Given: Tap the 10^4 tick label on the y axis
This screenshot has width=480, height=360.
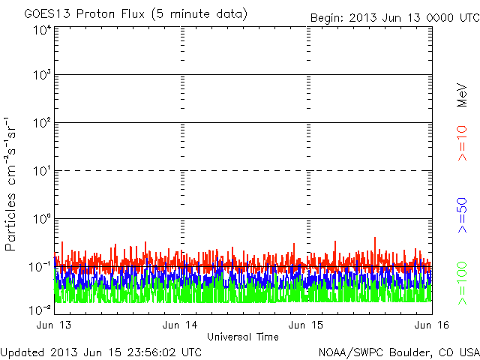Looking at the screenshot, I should click(x=41, y=29).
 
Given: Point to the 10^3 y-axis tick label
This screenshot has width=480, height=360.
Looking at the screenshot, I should click(x=41, y=76).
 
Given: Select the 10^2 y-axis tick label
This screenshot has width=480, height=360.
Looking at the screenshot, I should click(x=41, y=123).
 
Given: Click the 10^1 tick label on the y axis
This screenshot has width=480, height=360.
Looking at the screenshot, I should click(x=41, y=171).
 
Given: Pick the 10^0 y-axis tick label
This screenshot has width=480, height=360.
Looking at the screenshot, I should click(x=41, y=219).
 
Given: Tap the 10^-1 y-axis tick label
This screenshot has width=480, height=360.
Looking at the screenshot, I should click(x=40, y=267).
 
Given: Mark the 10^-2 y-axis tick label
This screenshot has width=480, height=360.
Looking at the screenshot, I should click(x=40, y=308).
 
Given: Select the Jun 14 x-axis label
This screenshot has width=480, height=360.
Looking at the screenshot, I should click(x=179, y=325).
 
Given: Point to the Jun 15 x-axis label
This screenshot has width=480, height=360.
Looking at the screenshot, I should click(x=307, y=325).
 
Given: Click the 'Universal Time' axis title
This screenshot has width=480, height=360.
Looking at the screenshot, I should click(x=242, y=337).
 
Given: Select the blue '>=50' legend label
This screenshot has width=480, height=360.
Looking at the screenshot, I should click(x=462, y=214).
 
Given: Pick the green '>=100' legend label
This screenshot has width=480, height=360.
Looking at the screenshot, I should click(x=462, y=281).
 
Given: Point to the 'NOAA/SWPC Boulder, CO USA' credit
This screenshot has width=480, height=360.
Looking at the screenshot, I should click(x=398, y=352).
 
